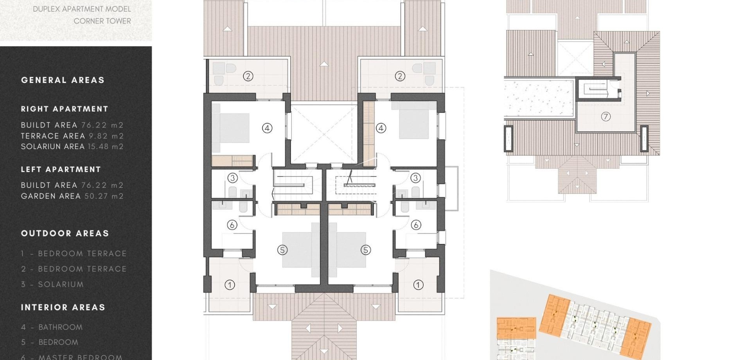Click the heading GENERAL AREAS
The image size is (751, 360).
click(63, 80)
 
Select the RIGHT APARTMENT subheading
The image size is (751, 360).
click(65, 109)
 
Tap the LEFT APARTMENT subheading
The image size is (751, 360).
click(61, 169)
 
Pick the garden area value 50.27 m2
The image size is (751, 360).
click(104, 196)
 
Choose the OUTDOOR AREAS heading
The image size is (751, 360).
click(65, 234)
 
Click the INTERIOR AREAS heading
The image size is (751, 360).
click(63, 308)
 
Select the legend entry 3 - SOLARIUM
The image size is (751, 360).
click(52, 284)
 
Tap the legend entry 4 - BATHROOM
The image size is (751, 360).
click(52, 327)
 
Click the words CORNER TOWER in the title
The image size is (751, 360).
click(102, 21)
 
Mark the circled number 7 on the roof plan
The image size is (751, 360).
click(605, 117)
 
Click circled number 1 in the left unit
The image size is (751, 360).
click(230, 285)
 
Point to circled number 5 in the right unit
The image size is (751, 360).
click(366, 250)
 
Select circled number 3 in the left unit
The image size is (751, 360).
click(233, 178)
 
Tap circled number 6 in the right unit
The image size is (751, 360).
click(416, 225)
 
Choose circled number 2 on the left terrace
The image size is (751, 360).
click(248, 76)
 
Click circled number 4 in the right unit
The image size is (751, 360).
click(381, 128)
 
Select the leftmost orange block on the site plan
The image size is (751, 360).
click(516, 328)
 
